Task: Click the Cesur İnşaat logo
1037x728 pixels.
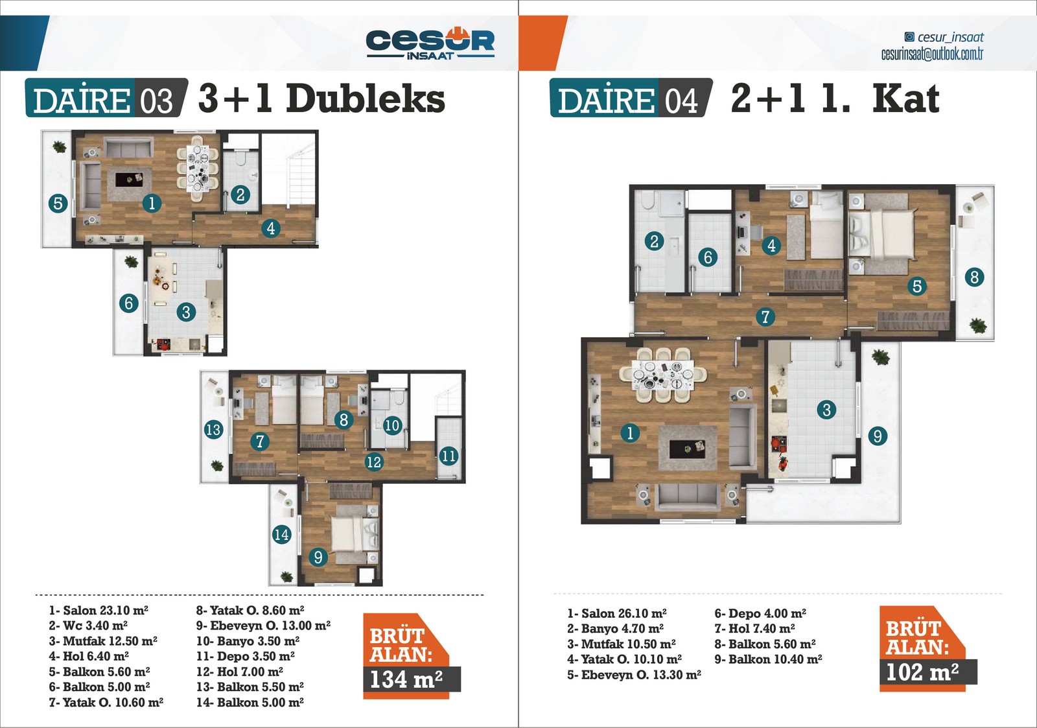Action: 430,44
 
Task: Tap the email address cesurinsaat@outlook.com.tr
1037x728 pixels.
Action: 932,54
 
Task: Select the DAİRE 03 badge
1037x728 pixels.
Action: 106,98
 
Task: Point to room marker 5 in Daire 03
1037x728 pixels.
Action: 58,204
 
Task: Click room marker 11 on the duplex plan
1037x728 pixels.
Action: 448,456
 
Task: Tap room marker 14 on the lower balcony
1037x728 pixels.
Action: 281,535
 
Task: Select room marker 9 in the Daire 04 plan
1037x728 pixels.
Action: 878,436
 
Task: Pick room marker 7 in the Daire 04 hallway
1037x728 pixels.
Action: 765,317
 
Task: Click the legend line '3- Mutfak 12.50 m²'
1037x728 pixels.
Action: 103,641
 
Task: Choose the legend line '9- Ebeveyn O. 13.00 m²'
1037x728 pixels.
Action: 263,626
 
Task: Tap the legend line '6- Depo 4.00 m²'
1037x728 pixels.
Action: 761,614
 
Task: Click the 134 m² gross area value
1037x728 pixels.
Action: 406,679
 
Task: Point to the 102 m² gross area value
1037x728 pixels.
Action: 922,672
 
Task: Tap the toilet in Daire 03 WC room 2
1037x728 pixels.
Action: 240,159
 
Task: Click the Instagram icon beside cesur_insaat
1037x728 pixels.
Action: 909,36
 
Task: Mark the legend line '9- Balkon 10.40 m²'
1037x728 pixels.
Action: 769,659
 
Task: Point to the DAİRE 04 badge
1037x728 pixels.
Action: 631,98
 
